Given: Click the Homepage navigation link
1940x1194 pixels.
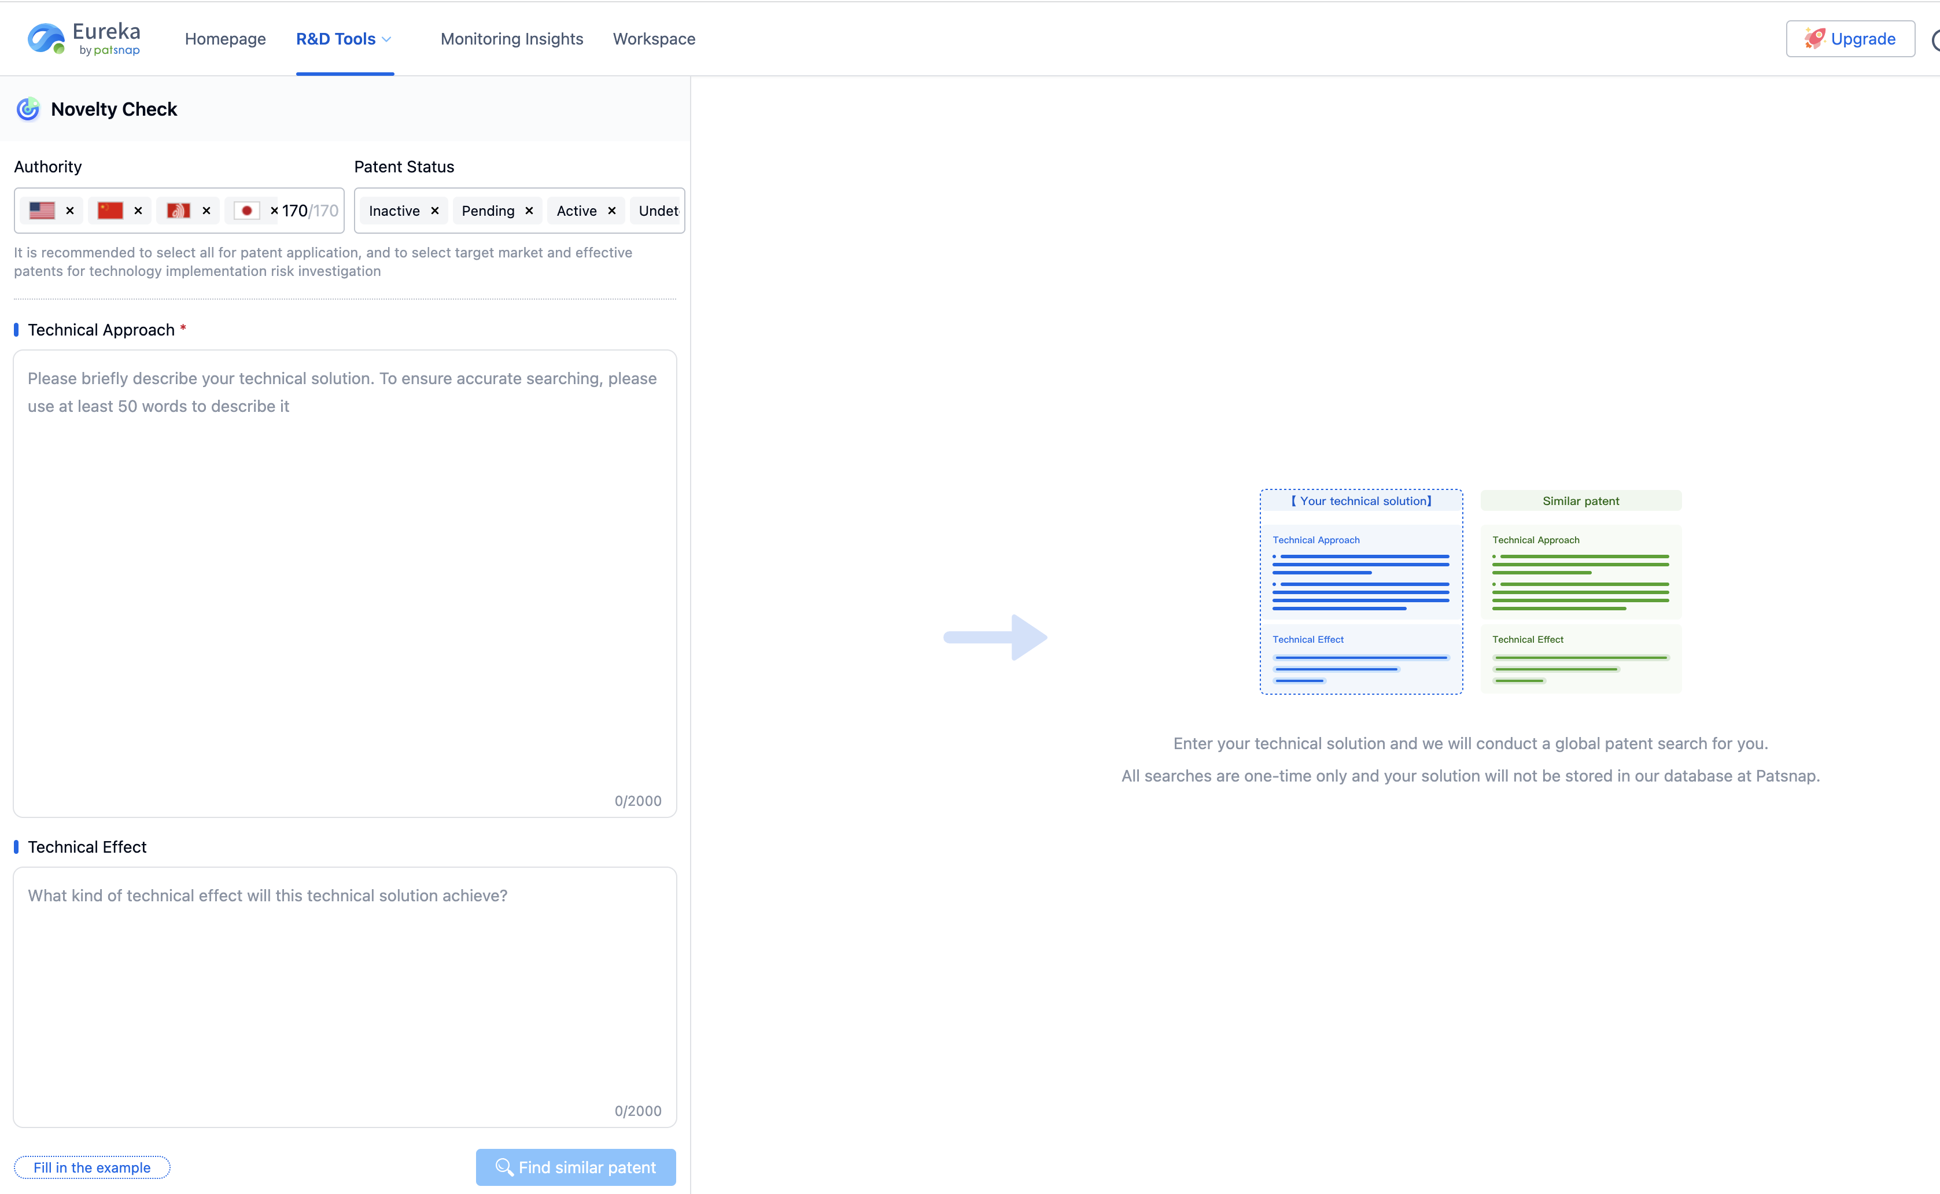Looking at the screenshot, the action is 225,39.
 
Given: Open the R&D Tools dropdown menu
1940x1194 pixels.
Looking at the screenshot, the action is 344,39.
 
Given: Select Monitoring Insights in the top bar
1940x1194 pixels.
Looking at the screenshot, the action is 512,39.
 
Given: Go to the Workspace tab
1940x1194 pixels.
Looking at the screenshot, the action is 654,39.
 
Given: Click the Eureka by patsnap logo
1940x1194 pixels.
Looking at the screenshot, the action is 84,39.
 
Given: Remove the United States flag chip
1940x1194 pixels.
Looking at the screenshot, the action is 69,210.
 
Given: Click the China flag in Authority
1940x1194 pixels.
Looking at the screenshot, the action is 110,210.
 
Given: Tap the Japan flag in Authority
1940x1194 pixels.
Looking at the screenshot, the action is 247,210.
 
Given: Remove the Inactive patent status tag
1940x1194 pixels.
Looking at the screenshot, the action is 434,211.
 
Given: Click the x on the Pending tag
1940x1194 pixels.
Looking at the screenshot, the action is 529,211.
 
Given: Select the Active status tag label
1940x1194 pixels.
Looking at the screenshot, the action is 577,211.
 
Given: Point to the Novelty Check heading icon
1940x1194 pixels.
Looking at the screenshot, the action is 28,109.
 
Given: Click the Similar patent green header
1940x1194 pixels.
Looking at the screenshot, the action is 1581,500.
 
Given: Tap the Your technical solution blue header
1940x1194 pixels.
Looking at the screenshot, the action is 1361,500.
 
